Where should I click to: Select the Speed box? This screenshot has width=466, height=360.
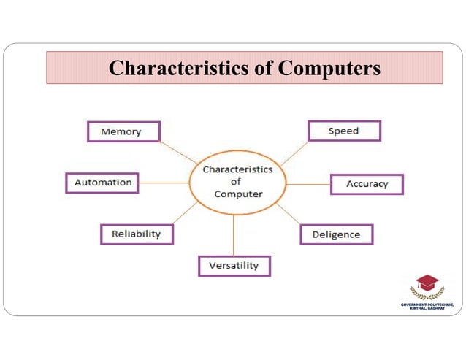pos(344,131)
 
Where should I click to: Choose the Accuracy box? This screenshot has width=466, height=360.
pos(367,184)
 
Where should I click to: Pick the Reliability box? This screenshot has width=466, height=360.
pos(137,234)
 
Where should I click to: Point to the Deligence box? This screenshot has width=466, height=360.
pos(336,234)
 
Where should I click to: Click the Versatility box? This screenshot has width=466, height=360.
pos(234,266)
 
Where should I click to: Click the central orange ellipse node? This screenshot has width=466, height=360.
pos(237,182)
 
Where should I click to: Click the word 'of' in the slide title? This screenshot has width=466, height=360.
pos(264,69)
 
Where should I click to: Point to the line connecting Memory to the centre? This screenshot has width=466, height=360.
pos(179,152)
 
